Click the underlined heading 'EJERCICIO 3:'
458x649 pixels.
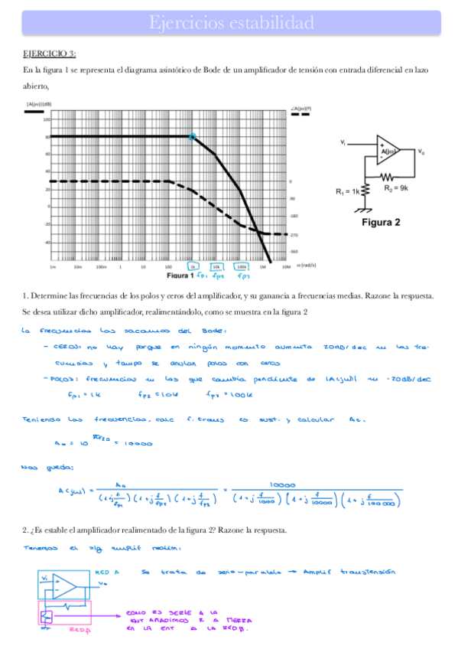pyautogui.click(x=50, y=54)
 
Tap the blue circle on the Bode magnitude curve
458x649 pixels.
pyautogui.click(x=192, y=137)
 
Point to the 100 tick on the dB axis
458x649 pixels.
pyautogui.click(x=46, y=120)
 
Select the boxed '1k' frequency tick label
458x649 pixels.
pyautogui.click(x=193, y=267)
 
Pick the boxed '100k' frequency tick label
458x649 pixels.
pyautogui.click(x=241, y=267)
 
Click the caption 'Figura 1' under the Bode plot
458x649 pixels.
pyautogui.click(x=180, y=275)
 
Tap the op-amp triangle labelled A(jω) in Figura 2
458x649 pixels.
pyautogui.click(x=388, y=152)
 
